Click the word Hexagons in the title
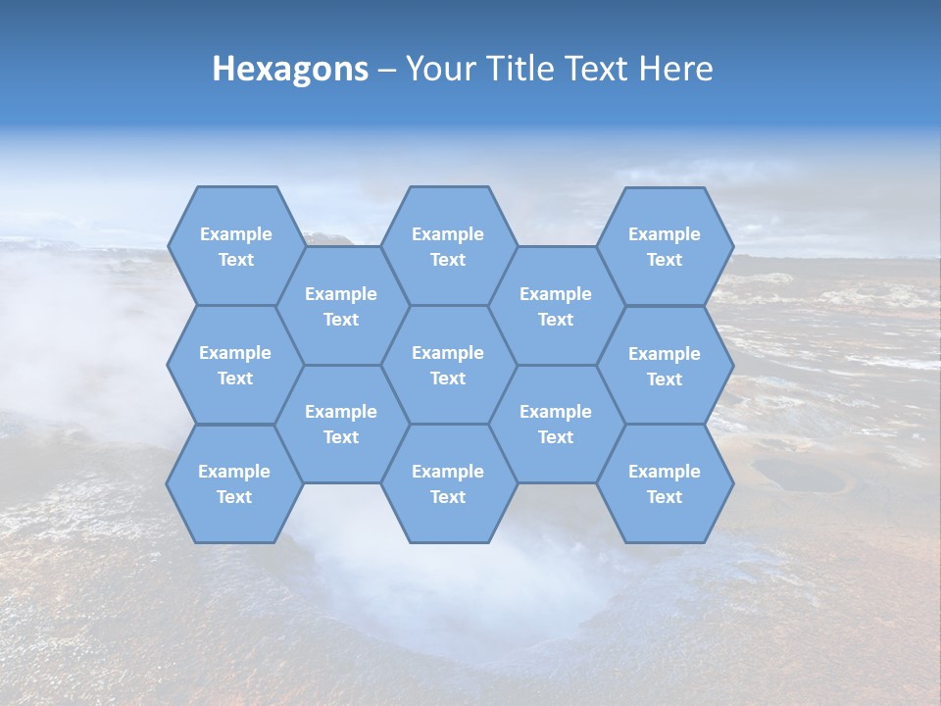tap(290, 69)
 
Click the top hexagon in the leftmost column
tap(235, 246)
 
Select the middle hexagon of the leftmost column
tap(235, 365)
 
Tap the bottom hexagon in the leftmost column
tap(234, 483)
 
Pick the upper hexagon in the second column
tap(341, 306)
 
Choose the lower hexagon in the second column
tap(341, 424)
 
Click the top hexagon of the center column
tap(448, 246)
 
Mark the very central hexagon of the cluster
tap(448, 365)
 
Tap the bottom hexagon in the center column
tap(448, 483)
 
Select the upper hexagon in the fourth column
tap(556, 306)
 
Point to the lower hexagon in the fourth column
tap(556, 424)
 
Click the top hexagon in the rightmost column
tap(665, 246)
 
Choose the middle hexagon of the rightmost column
tap(665, 366)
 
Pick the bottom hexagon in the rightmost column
tap(665, 483)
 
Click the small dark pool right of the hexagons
tap(796, 477)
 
